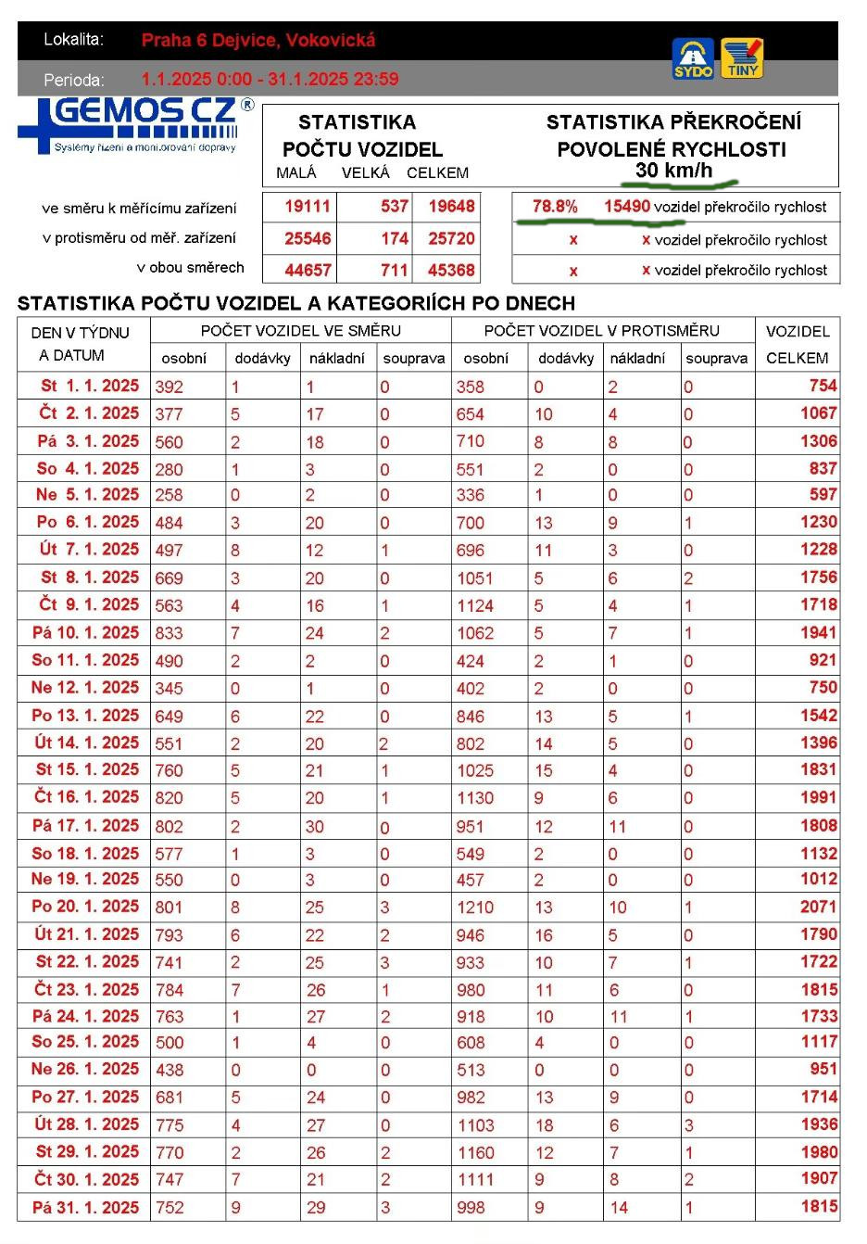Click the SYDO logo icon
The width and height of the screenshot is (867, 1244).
pos(693,57)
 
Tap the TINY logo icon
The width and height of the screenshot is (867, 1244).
pos(742,57)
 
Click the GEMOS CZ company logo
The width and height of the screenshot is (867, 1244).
pos(135,124)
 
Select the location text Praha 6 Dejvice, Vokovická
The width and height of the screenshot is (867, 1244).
pos(258,40)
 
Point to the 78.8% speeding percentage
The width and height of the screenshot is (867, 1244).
pos(555,207)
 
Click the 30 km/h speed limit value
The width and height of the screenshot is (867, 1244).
pos(673,170)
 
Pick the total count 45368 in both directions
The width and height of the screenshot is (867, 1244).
pos(451,271)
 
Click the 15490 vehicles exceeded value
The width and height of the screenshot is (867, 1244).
pos(627,207)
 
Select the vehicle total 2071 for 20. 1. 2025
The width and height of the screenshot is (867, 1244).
pos(818,907)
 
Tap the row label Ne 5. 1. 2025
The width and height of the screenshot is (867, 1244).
pos(87,495)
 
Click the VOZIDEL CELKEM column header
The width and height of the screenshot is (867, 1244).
pos(798,344)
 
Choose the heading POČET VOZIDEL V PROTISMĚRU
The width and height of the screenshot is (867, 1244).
pos(601,331)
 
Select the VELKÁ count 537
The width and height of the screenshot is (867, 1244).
pos(395,207)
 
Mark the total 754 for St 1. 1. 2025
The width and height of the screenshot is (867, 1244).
pos(823,386)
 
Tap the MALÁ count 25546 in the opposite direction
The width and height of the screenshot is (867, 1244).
pos(308,238)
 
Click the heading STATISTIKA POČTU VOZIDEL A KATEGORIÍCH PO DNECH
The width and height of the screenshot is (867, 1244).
pos(296,303)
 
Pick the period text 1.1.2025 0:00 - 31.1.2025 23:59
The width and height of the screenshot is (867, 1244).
pos(270,79)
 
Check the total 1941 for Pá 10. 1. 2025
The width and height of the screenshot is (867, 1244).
pos(818,633)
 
